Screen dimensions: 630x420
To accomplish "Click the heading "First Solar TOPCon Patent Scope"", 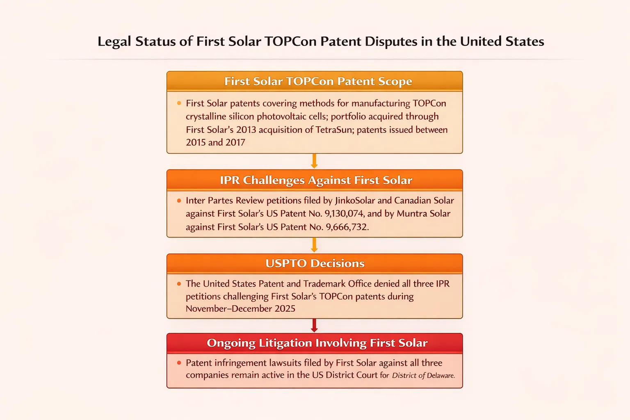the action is [x=318, y=81].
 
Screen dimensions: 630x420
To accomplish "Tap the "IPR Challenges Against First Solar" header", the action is [x=316, y=180].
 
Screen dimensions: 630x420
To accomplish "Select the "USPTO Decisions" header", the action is [x=315, y=263].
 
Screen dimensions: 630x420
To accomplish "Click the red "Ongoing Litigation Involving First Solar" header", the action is [x=317, y=343].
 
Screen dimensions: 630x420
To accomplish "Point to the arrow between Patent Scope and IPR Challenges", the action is [x=315, y=161].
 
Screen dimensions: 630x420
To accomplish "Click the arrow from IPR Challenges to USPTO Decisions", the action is [x=315, y=245].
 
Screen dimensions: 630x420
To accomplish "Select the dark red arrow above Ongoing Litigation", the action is [x=315, y=326].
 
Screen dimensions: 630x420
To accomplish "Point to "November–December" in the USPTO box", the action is [x=229, y=308].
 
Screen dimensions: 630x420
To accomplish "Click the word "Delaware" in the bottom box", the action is [x=441, y=376].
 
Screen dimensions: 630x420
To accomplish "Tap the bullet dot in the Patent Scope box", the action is [x=179, y=103].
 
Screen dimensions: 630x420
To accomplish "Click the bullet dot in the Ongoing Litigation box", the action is [x=179, y=363].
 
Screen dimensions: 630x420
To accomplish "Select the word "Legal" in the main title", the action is [x=114, y=42].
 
